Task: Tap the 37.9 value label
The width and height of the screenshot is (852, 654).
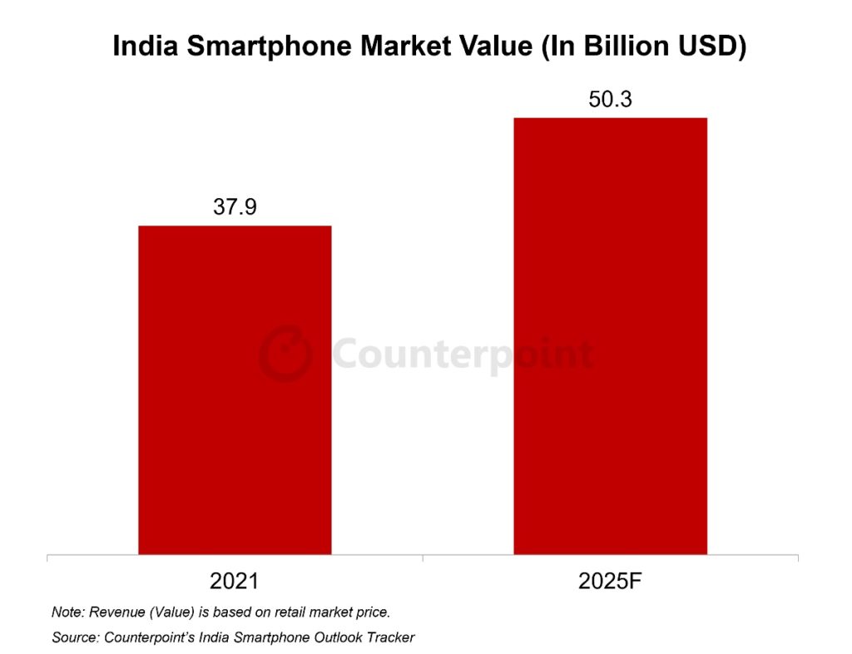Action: click(x=235, y=208)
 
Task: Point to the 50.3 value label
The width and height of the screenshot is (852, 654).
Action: click(x=610, y=100)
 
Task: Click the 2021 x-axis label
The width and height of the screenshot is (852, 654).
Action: click(x=235, y=582)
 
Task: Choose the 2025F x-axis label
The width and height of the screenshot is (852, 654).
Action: click(x=611, y=582)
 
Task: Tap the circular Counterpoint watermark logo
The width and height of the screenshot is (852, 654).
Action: click(x=285, y=354)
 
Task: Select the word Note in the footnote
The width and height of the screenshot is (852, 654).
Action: click(x=67, y=612)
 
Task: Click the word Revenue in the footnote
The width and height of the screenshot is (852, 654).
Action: click(x=115, y=612)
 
